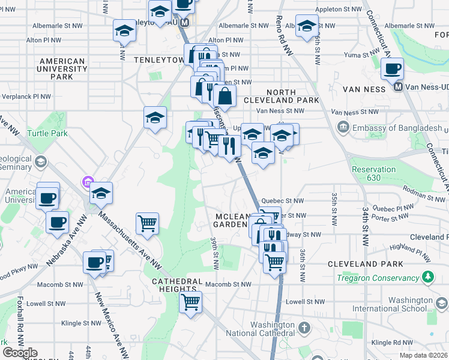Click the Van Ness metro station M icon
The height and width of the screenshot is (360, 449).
[x=397, y=87]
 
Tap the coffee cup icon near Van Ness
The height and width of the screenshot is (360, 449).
[x=392, y=68]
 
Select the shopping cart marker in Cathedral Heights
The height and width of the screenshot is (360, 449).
[x=190, y=302]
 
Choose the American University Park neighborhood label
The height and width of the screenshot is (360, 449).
[x=62, y=68]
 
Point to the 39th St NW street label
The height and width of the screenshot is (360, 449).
[x=214, y=252]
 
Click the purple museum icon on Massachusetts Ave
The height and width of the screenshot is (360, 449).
[x=88, y=181]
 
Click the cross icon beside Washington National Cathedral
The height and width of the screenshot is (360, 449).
[x=304, y=328]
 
